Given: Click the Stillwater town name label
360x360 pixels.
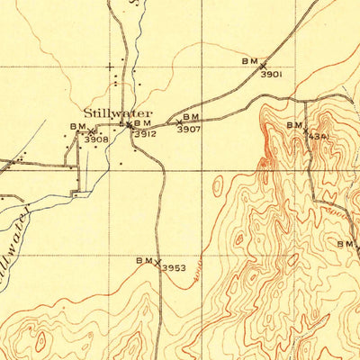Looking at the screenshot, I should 118,113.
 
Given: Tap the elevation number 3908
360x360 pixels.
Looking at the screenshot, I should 95,139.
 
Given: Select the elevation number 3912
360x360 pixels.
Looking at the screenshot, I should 146,134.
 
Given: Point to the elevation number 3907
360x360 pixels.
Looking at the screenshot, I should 188,130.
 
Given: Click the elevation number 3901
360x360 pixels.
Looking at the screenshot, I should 272,75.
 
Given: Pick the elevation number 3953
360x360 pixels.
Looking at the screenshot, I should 173,268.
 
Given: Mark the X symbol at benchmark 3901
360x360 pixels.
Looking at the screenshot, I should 263,65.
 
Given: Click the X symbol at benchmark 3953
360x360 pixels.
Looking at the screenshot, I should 158,263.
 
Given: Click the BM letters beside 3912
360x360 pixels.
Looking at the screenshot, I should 142,123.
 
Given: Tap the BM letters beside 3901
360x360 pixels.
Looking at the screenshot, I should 249,60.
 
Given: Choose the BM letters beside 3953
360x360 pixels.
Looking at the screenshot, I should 144,260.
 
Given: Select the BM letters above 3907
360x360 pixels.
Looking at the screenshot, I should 191,117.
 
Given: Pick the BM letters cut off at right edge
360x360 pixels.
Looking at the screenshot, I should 346,244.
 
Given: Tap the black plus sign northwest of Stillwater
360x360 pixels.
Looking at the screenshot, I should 111,67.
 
